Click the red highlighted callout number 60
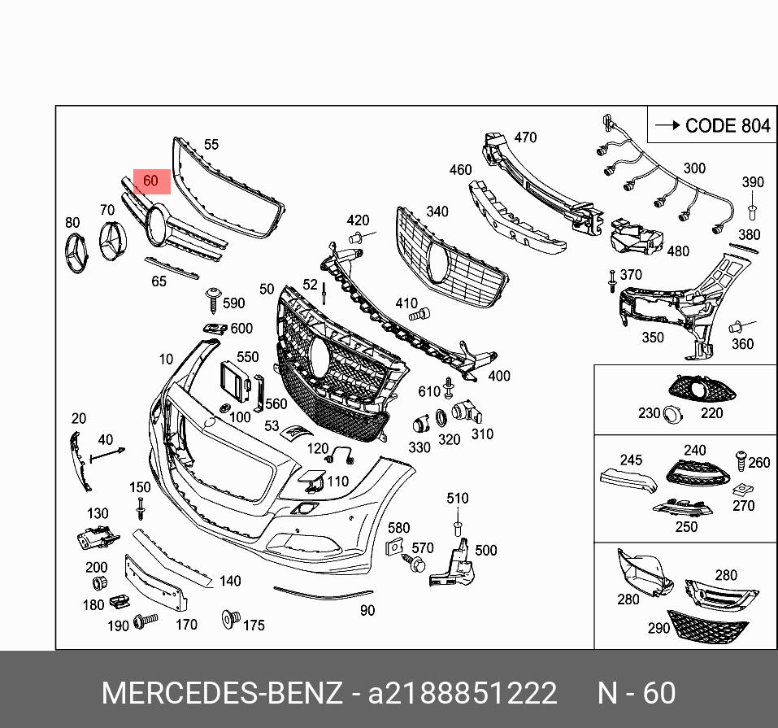click(150, 181)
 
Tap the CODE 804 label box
click(711, 125)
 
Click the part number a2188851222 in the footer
click(463, 693)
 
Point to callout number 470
click(525, 137)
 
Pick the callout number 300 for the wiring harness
click(693, 168)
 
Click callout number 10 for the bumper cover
click(166, 359)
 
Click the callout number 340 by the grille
click(437, 211)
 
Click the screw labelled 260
click(741, 460)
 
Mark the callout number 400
click(499, 376)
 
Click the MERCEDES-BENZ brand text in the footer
click(222, 693)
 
